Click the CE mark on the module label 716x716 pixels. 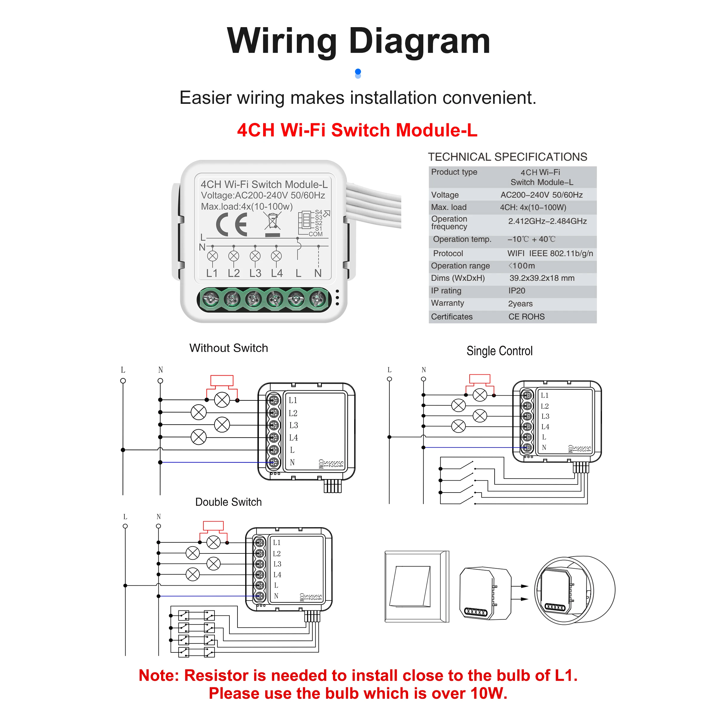[x=232, y=224]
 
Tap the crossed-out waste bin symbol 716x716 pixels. [x=272, y=224]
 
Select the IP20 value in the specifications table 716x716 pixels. [x=517, y=291]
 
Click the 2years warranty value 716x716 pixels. [x=520, y=303]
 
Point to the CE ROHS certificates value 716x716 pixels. [x=527, y=317]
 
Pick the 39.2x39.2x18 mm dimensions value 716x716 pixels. [x=542, y=278]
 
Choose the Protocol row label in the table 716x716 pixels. [x=448, y=254]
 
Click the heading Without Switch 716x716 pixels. [x=229, y=348]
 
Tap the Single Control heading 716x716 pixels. [x=500, y=351]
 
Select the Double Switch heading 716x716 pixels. [x=229, y=502]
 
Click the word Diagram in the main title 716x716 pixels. [x=419, y=41]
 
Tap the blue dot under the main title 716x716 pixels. [x=358, y=72]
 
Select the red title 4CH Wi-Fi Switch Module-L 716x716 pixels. [x=357, y=130]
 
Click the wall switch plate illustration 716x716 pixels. [x=417, y=586]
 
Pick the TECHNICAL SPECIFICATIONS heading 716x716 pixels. [x=508, y=157]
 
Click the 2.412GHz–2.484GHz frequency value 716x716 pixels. [x=547, y=221]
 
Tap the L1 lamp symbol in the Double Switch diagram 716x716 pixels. [x=214, y=543]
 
